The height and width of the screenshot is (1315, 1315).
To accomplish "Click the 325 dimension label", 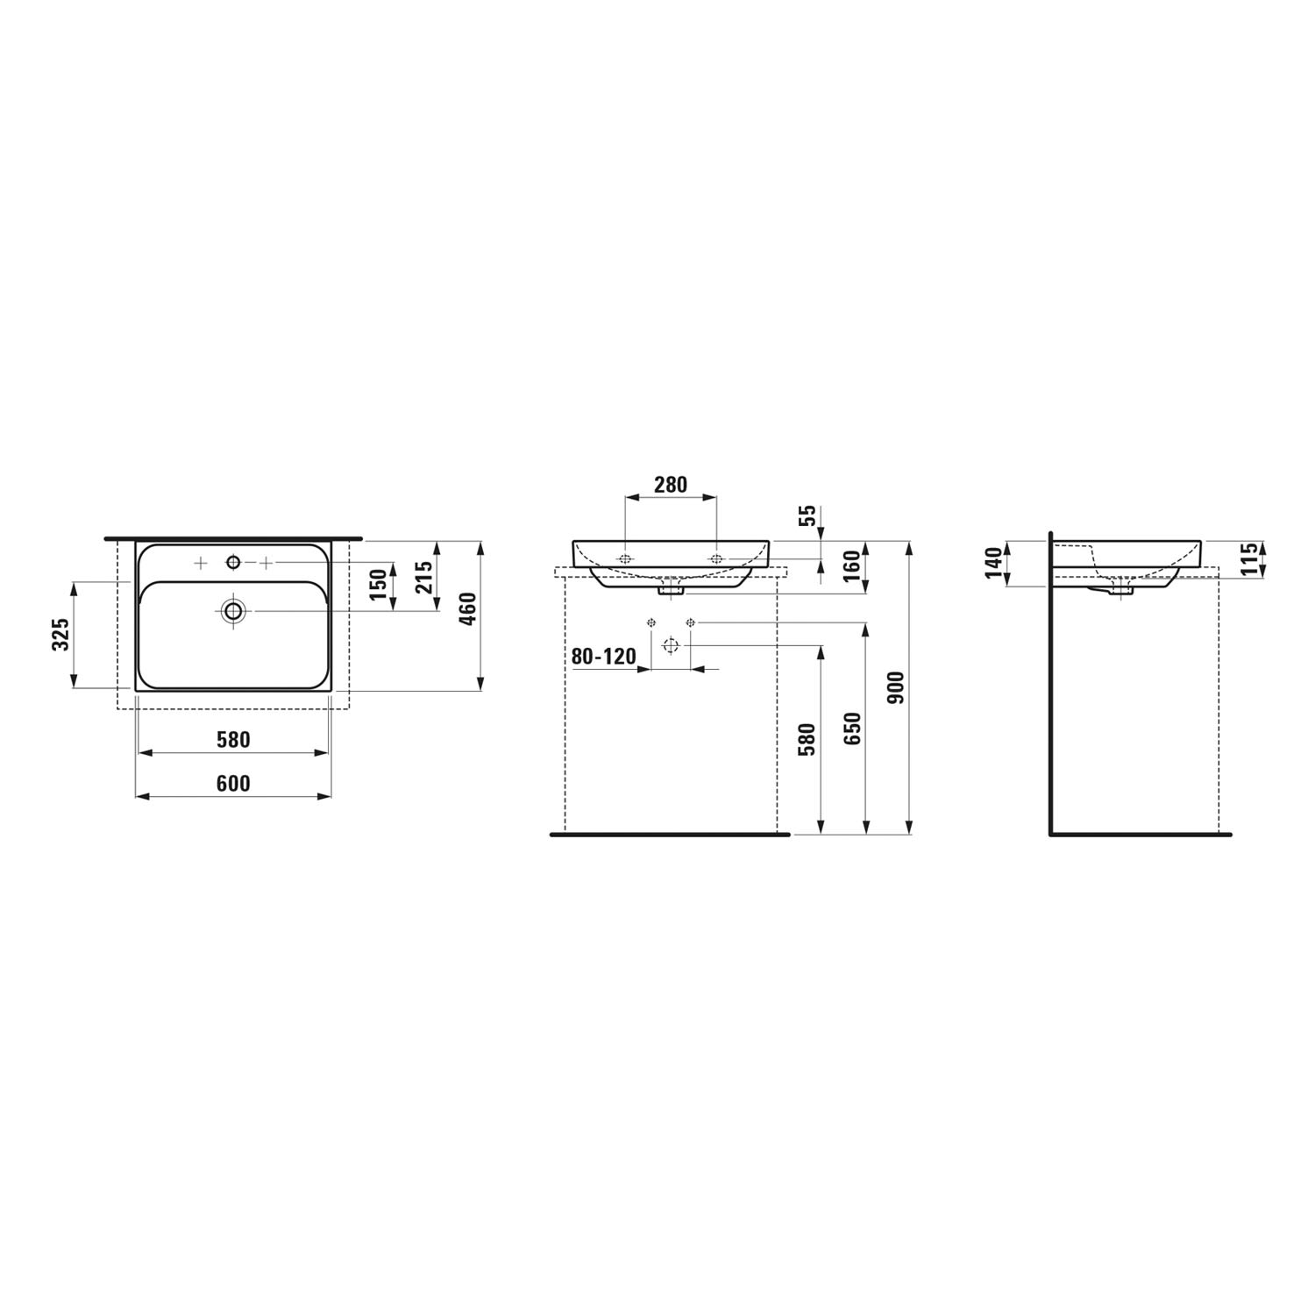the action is click(x=60, y=635).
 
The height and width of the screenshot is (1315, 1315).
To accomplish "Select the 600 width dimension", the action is click(x=233, y=784).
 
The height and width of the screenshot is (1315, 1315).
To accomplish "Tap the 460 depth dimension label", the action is click(x=467, y=608).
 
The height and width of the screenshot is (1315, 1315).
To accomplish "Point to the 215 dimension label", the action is click(x=423, y=577).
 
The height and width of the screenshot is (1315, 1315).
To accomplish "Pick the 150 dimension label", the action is click(x=377, y=584).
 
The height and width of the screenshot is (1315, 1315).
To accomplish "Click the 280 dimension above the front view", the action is click(x=671, y=484).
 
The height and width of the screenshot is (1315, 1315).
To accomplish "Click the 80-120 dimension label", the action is click(x=604, y=656).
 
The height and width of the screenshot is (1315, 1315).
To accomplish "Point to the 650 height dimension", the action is click(x=852, y=729).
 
